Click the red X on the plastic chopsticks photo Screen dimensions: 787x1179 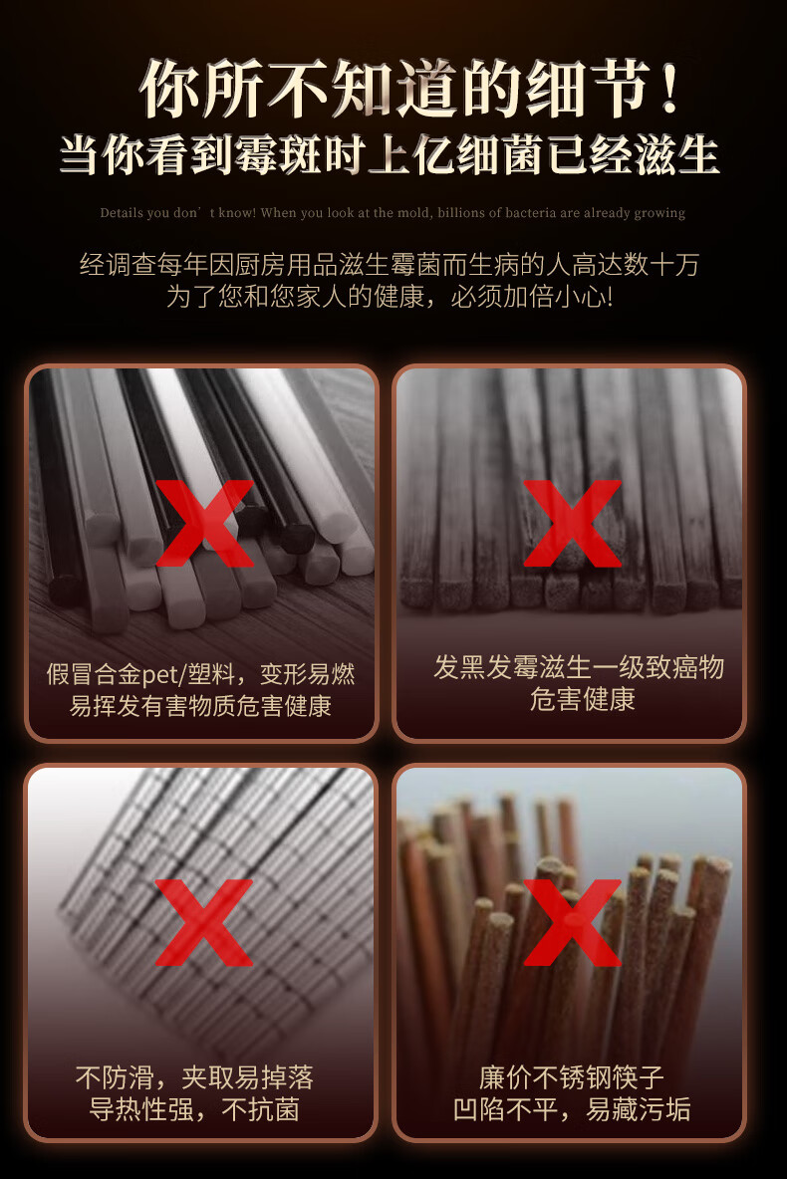204,524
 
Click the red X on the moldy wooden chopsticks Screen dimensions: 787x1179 573,524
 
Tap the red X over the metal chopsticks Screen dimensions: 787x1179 204,923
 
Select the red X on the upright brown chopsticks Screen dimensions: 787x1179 573,923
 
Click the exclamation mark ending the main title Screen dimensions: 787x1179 669,89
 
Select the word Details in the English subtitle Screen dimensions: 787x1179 122,213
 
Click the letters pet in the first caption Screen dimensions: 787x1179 159,674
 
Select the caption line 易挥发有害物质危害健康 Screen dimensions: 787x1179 200,706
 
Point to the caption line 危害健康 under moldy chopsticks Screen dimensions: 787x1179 583,699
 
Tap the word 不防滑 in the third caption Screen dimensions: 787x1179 116,1078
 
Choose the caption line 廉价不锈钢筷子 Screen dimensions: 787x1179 572,1078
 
